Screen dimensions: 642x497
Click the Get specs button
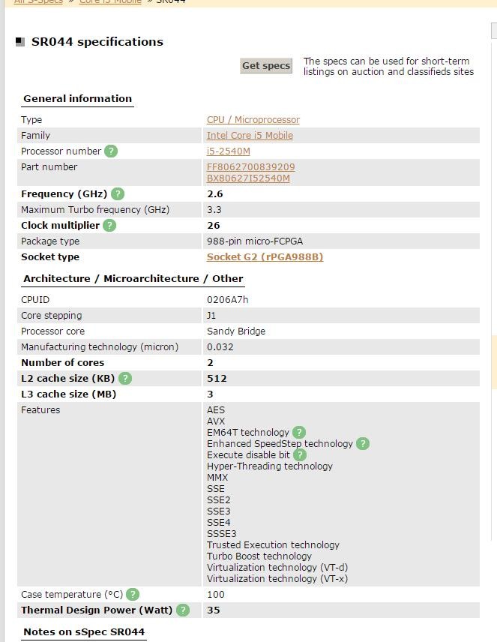tap(265, 66)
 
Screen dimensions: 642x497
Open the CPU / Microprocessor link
tap(253, 120)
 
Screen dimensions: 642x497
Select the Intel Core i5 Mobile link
tap(250, 136)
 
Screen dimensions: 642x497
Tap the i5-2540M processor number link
tap(228, 151)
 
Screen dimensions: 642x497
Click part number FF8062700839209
tap(250, 167)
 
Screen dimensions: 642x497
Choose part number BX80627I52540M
tap(248, 178)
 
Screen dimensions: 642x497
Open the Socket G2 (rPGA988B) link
tap(265, 257)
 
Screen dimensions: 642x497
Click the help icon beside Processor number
tap(111, 151)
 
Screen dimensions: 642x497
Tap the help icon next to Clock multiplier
tap(109, 226)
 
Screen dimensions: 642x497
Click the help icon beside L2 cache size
tap(125, 379)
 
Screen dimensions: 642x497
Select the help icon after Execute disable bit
tap(300, 454)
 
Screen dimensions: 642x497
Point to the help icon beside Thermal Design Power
tap(183, 610)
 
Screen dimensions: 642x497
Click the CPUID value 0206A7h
tap(227, 300)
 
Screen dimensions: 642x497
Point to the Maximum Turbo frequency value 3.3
tap(214, 210)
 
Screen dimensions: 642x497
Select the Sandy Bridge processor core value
tap(235, 331)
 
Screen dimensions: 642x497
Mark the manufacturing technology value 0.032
tap(220, 347)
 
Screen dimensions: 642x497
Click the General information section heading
tap(77, 99)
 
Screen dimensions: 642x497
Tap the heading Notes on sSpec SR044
tap(83, 632)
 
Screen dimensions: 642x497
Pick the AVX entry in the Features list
tap(216, 421)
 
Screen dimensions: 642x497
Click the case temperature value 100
tap(215, 595)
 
